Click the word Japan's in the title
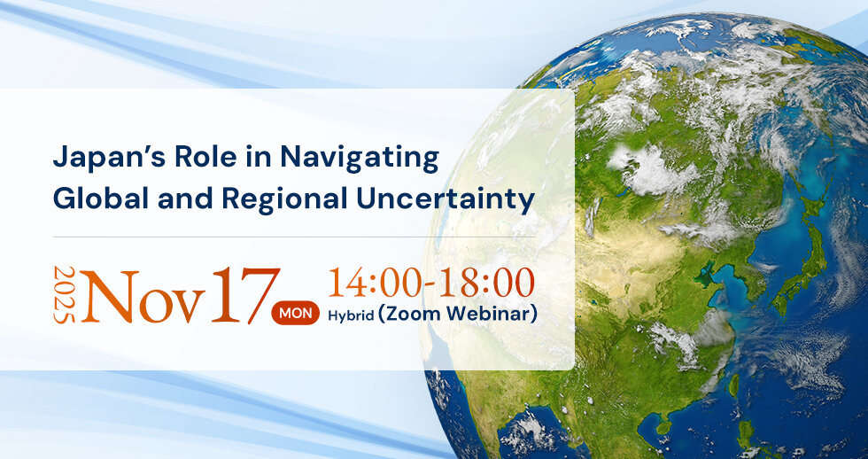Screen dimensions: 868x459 108,158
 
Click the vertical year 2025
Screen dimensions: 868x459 65,294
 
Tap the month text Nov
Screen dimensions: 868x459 143,296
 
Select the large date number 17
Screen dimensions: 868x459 245,295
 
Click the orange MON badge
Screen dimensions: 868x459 295,314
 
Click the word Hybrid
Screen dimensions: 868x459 351,315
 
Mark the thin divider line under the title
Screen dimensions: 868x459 294,237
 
